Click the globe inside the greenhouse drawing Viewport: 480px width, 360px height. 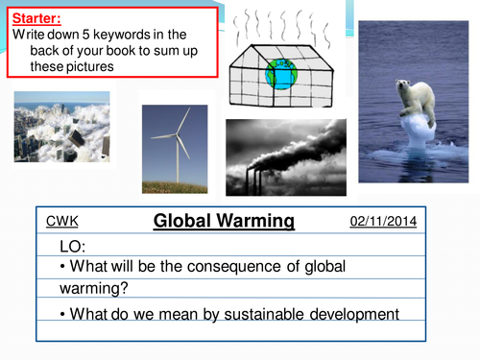pyautogui.click(x=283, y=76)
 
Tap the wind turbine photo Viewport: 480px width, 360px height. pyautogui.click(x=174, y=149)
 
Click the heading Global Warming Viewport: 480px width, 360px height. pyautogui.click(x=224, y=222)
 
